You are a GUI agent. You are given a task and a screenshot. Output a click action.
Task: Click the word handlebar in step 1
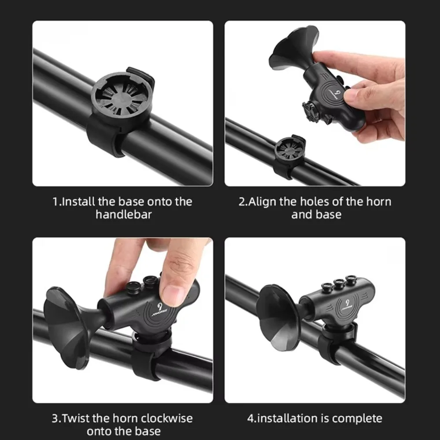tap(124, 215)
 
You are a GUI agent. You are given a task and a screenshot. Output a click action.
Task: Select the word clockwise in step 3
tap(167, 418)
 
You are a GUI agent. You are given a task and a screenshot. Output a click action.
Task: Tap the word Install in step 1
tap(78, 202)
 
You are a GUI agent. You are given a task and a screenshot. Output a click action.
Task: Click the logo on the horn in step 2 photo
tap(337, 94)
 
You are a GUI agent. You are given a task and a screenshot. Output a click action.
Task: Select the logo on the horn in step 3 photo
tap(161, 309)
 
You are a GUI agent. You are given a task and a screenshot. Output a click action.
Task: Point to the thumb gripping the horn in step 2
tap(358, 95)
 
